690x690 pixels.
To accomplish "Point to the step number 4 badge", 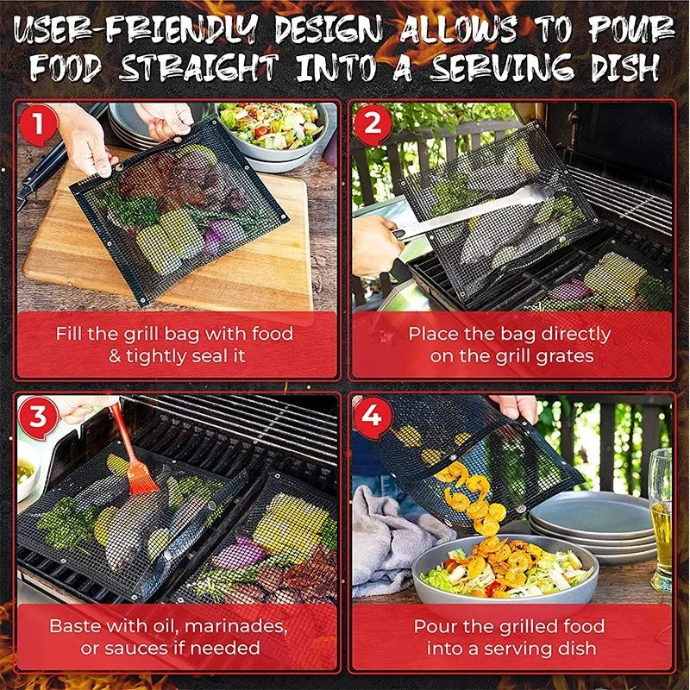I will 372,417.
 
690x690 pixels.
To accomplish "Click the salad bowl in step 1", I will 272,129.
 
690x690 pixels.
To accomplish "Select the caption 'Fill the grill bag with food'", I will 174,334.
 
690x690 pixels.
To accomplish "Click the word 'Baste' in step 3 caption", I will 77,625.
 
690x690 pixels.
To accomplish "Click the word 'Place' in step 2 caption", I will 434,334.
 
